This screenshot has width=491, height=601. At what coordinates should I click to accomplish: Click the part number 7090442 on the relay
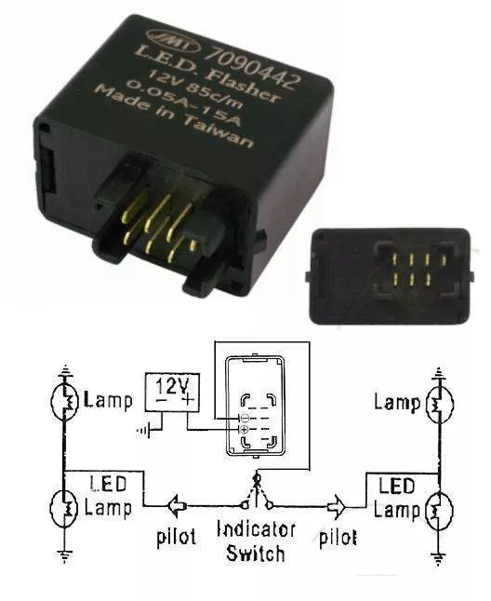tap(252, 65)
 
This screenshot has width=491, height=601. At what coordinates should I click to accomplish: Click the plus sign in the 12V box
tap(187, 401)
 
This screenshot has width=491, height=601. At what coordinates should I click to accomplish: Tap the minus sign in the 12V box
tap(161, 401)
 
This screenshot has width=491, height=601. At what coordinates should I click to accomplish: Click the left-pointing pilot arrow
tap(177, 507)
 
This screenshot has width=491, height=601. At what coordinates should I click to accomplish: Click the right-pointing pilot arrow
tap(337, 507)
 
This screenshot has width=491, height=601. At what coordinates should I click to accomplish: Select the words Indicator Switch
tap(256, 541)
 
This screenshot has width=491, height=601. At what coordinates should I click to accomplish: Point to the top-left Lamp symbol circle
tap(65, 401)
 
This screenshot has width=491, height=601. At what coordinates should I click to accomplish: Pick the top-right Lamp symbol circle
tap(440, 404)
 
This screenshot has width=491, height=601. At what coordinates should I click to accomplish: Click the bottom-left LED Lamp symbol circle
tap(65, 508)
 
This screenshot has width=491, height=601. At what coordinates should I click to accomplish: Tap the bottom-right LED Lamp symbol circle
tap(439, 511)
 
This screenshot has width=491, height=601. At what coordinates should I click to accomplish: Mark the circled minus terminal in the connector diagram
tap(245, 417)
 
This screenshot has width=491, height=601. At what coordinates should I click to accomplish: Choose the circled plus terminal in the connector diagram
tap(245, 429)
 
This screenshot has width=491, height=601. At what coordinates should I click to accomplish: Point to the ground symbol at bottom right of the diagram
tap(439, 558)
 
